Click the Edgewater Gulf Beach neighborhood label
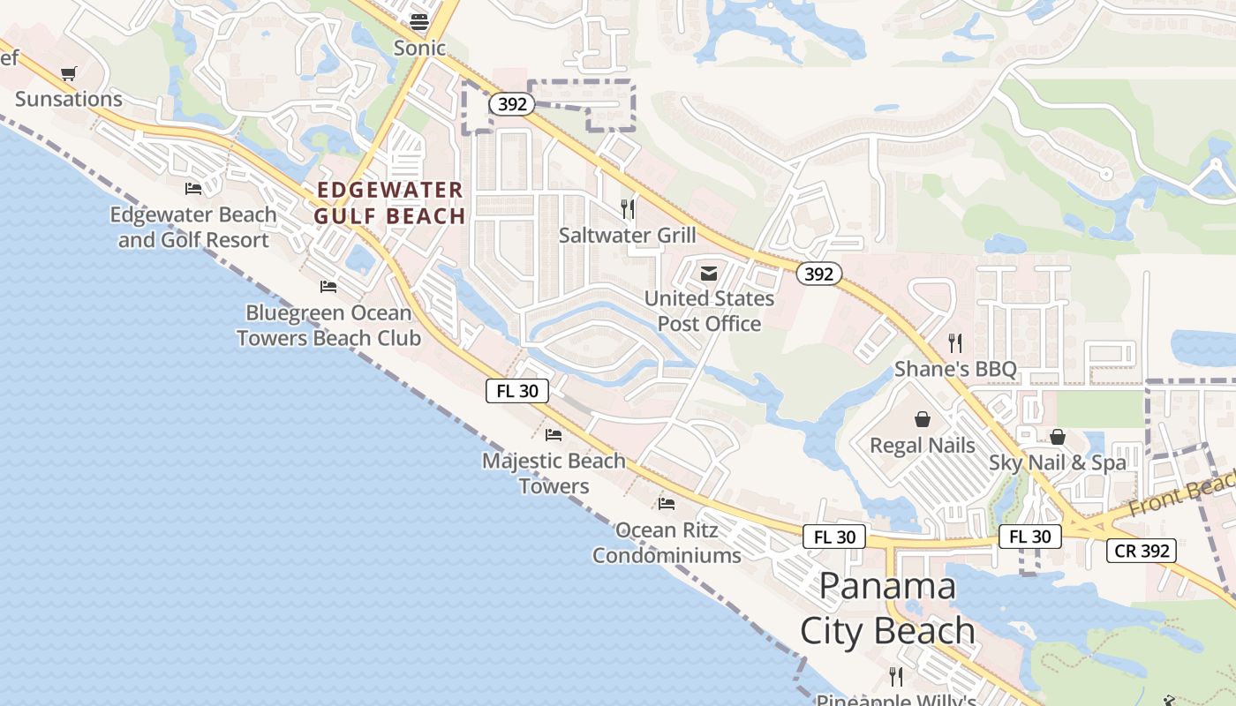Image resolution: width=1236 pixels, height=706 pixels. (389, 203)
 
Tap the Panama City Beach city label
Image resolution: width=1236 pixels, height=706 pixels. (887, 609)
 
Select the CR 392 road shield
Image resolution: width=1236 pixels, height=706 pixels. (1142, 551)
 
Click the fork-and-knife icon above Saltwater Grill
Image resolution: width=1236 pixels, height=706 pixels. (628, 209)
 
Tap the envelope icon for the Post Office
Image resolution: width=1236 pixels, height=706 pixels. (709, 274)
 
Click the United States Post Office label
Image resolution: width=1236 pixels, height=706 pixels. (709, 311)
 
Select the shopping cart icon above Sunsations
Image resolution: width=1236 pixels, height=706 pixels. (68, 73)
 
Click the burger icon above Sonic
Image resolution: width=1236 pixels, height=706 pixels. (419, 22)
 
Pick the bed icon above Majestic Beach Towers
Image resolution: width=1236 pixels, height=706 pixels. (554, 434)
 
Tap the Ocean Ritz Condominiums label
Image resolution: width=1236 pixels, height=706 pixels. (667, 543)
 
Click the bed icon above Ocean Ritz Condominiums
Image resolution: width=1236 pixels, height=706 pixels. (667, 503)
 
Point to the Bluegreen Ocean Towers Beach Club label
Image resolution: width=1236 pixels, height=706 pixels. (328, 325)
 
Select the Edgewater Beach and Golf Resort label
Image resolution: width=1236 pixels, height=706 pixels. (193, 227)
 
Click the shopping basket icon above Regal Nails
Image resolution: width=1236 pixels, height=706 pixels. (923, 419)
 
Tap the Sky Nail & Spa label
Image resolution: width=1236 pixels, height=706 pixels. (1058, 462)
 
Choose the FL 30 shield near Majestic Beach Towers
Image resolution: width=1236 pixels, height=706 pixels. (517, 391)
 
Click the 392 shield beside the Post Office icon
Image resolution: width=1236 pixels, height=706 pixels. (818, 274)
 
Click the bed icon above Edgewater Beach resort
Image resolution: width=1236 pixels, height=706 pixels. (193, 188)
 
